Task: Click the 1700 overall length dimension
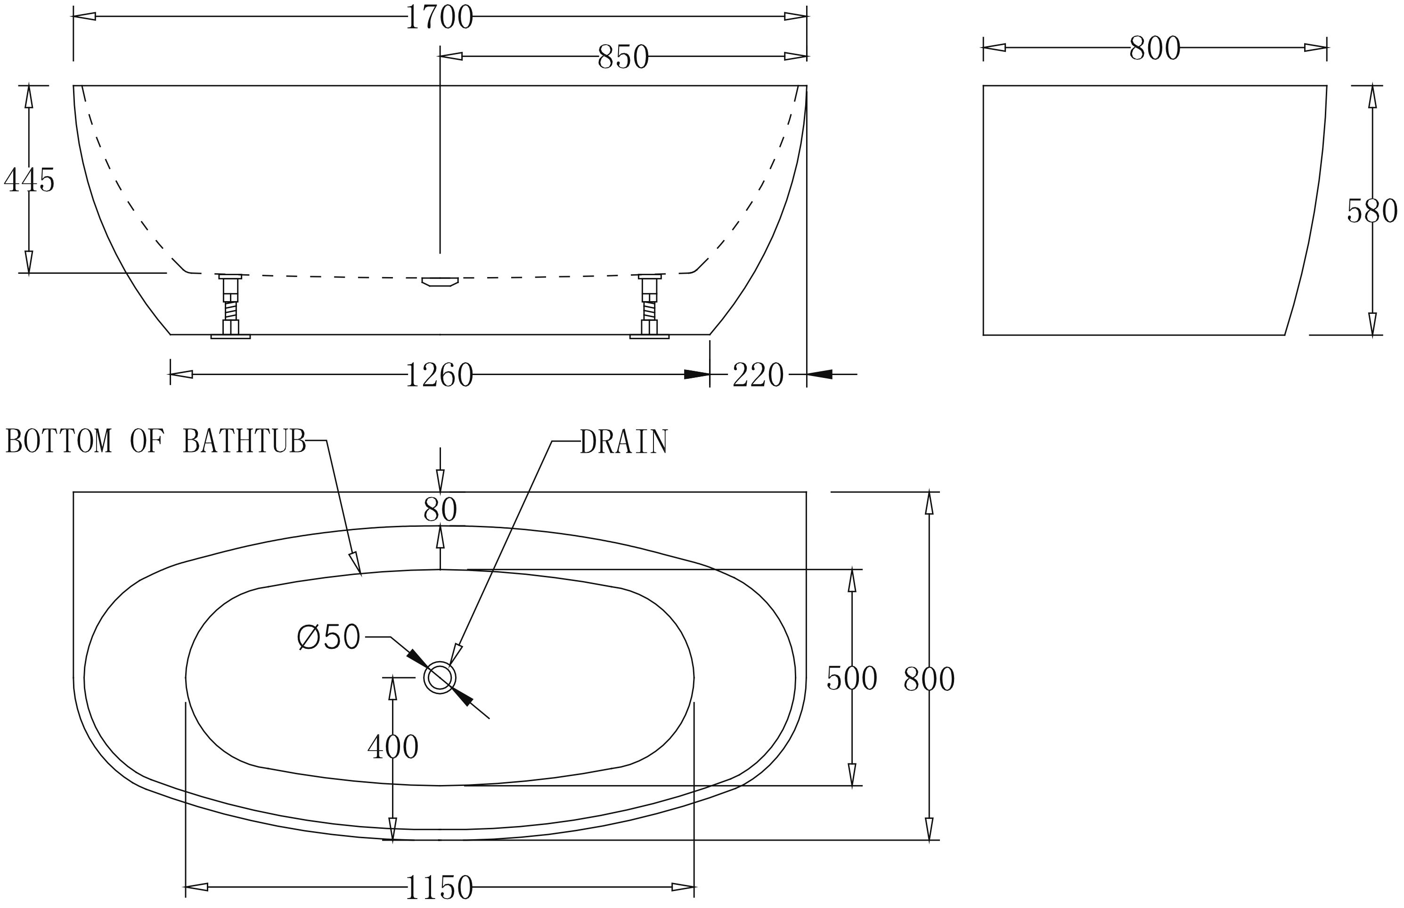tap(440, 18)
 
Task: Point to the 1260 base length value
tap(440, 375)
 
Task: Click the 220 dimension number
tap(758, 375)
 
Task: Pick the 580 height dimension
tap(1372, 211)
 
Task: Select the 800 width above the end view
tap(1155, 49)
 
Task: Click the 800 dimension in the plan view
tap(929, 679)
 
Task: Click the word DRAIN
tap(624, 442)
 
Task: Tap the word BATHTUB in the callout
tap(245, 441)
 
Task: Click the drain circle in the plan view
tap(440, 678)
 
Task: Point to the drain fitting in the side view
tap(440, 282)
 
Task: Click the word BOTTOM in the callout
tap(58, 441)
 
